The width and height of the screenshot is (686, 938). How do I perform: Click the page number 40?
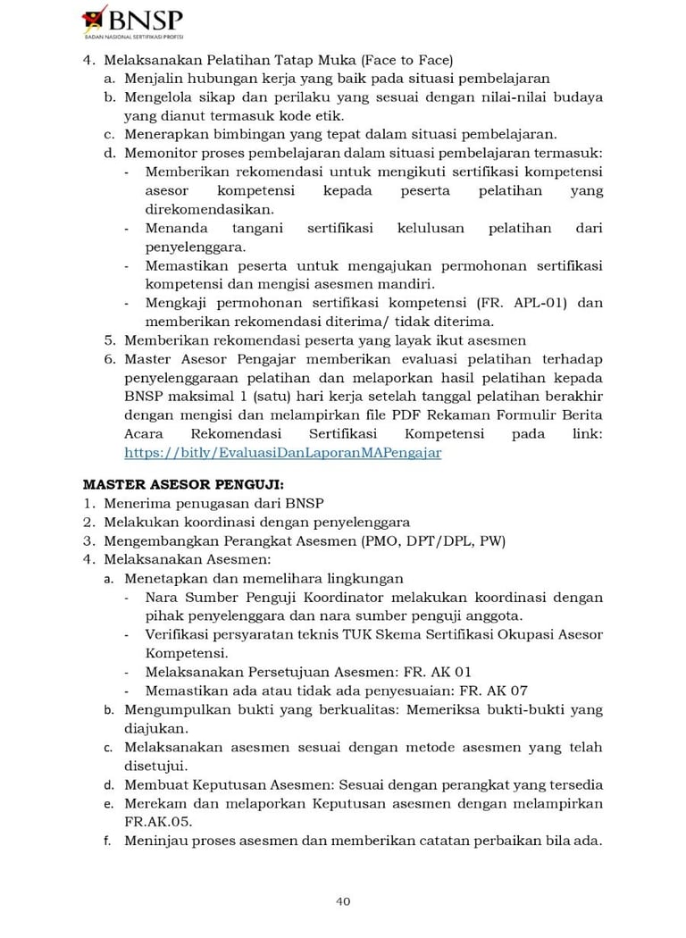tap(342, 900)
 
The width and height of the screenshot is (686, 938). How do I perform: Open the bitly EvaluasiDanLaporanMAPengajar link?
tap(282, 453)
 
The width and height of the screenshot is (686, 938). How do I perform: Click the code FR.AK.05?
tap(158, 822)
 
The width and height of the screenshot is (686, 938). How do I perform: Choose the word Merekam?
tap(153, 804)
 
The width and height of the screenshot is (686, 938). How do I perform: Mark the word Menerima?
tap(133, 503)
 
